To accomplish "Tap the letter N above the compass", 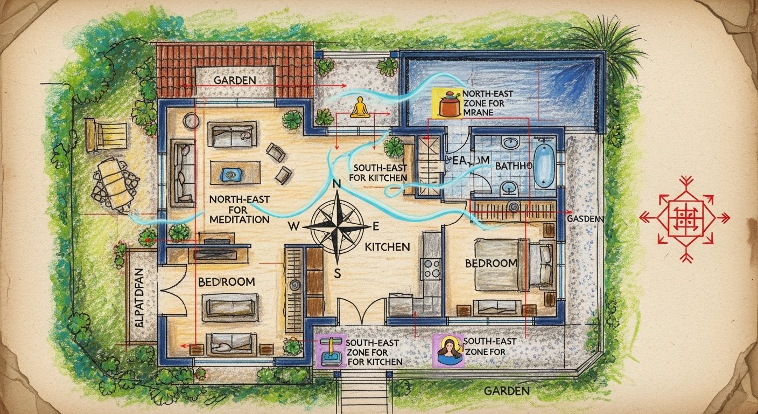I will click(338, 184).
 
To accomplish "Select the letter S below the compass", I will click(338, 273).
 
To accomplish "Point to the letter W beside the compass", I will click(294, 226).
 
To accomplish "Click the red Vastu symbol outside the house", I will click(684, 218).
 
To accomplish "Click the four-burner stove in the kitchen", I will click(431, 268).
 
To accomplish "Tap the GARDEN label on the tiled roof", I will click(234, 80).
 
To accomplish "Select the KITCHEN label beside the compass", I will click(387, 247).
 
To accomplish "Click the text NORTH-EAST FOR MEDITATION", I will click(239, 209).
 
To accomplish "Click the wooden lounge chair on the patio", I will click(107, 133).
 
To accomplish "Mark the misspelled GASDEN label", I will click(586, 219).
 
